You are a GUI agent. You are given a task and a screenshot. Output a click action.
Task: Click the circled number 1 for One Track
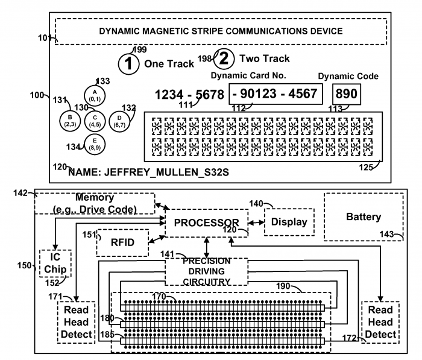point(128,63)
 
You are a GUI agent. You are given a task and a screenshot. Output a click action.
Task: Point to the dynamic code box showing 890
point(346,94)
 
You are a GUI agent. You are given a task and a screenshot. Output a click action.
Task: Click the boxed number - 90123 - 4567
point(276,95)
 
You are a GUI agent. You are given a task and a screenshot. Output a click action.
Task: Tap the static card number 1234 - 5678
point(189,95)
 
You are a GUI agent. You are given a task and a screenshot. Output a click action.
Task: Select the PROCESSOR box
point(207,223)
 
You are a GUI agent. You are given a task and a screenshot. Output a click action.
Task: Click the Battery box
point(364,216)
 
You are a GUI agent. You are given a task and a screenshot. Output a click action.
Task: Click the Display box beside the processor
point(289,222)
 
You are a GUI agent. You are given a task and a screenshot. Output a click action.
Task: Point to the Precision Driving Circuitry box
point(207,271)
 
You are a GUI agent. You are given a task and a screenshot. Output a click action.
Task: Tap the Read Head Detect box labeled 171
point(77,321)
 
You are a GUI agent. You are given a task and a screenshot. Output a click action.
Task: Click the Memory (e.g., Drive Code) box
point(95,203)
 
